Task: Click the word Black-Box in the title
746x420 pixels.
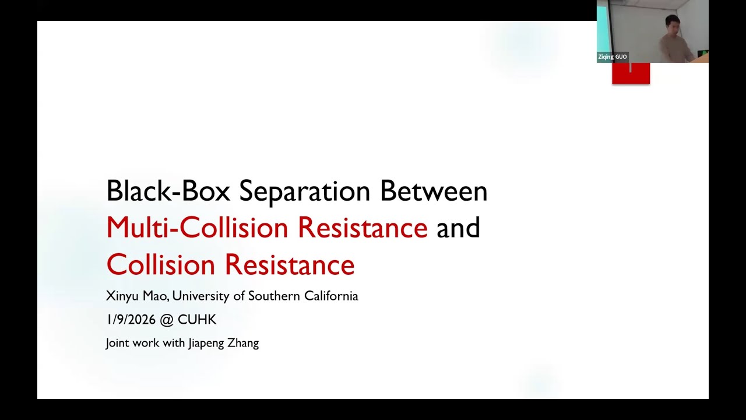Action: pos(168,191)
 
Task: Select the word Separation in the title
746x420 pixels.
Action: pos(304,191)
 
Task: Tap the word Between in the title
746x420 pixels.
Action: pos(434,191)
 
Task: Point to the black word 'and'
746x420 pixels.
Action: pos(458,228)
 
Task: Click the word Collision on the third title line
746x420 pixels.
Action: pos(161,265)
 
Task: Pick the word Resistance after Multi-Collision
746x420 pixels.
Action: pos(363,228)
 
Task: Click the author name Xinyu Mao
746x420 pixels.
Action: pos(137,296)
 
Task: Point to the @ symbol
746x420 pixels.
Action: pos(167,320)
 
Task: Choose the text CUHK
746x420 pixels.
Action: pos(197,320)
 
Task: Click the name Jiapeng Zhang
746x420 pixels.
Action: pos(223,343)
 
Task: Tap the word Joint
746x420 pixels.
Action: pos(118,343)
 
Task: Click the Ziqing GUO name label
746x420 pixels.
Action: pos(613,57)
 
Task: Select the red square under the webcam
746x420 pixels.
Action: pos(631,73)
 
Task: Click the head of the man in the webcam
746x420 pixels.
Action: pos(672,24)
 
